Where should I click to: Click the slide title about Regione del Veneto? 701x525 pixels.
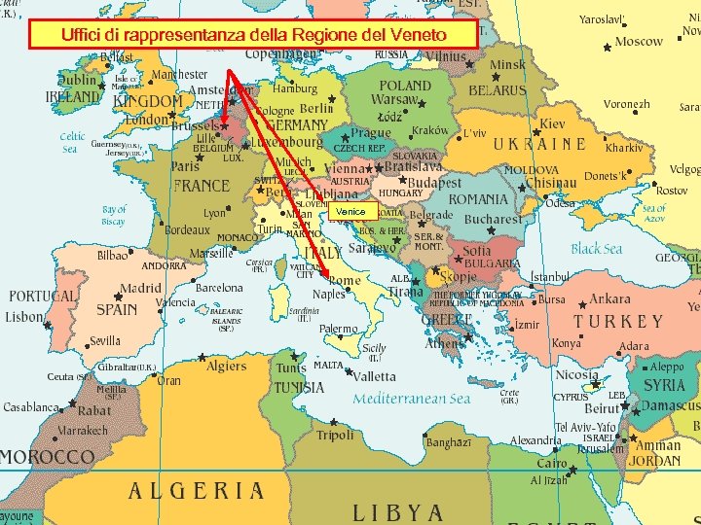(x=254, y=35)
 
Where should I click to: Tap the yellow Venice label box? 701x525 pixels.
(x=350, y=211)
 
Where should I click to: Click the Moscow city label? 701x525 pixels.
(x=639, y=42)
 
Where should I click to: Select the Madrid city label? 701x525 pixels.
(x=140, y=289)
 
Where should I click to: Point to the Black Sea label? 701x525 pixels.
(x=596, y=249)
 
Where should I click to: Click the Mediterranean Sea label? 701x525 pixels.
(x=411, y=399)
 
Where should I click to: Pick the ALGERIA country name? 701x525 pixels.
(x=196, y=491)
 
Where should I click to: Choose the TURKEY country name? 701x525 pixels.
(x=617, y=321)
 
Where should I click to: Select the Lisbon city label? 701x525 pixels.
(x=24, y=318)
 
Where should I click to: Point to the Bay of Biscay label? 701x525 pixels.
(x=114, y=215)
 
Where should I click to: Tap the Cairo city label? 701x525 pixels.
(x=552, y=465)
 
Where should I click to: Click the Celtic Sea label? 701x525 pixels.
(x=72, y=143)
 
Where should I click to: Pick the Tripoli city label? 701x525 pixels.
(x=335, y=435)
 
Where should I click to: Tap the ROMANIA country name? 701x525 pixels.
(x=478, y=199)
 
